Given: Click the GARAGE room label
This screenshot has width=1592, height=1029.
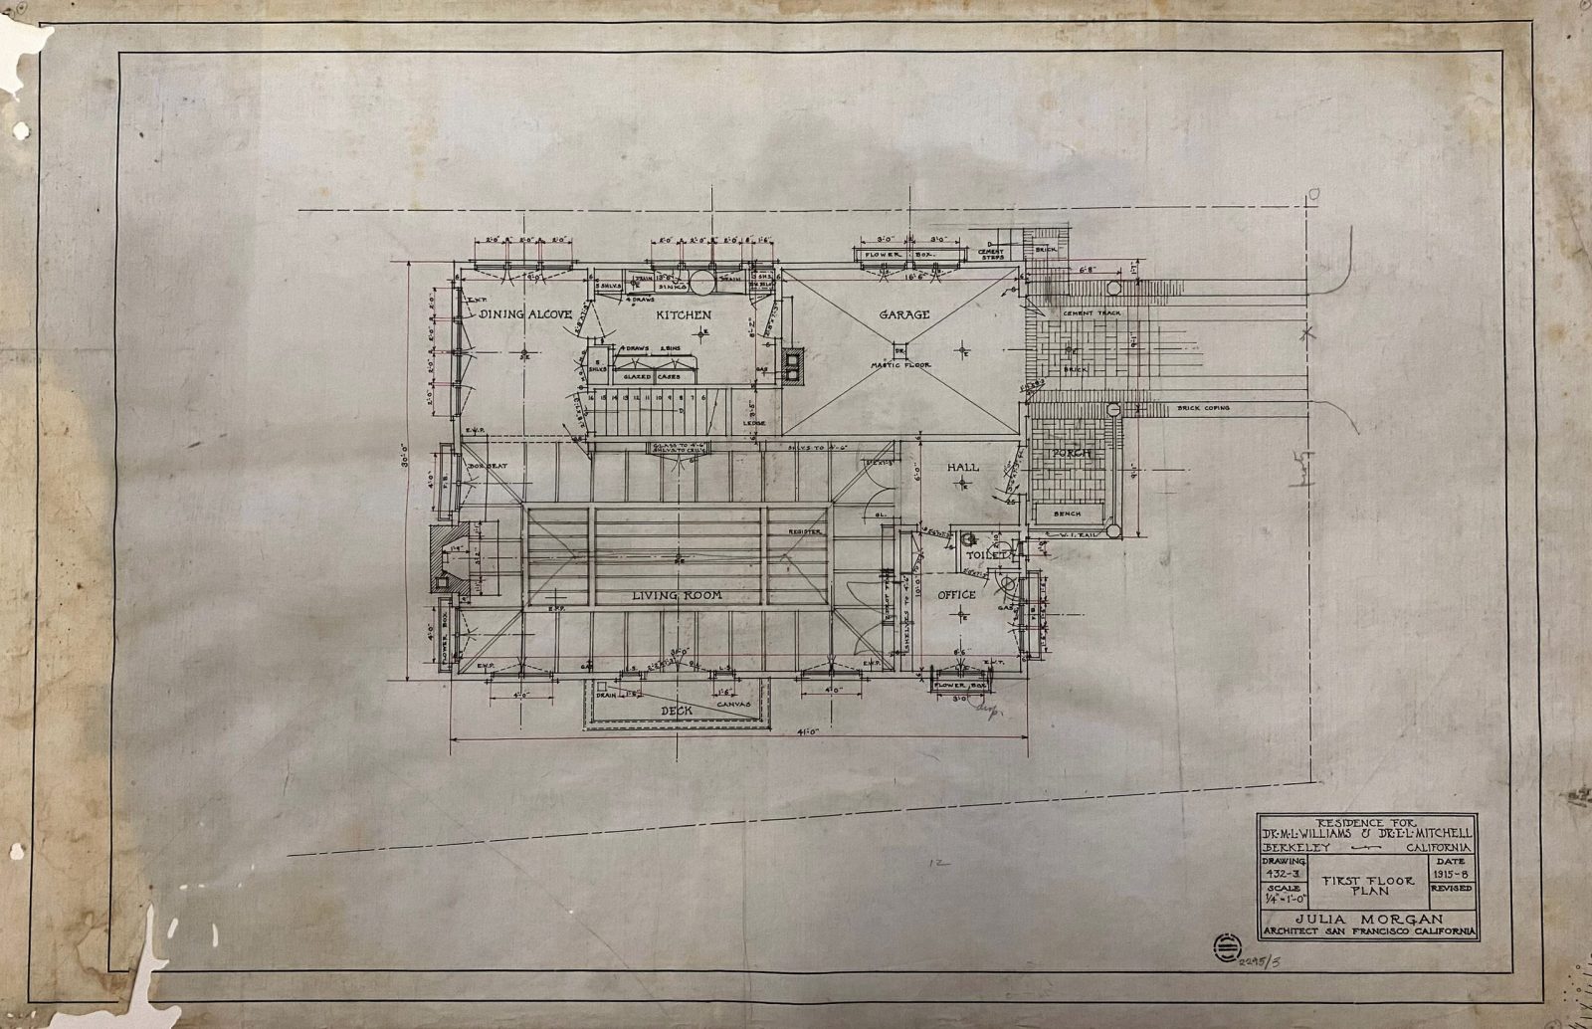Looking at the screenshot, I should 903,314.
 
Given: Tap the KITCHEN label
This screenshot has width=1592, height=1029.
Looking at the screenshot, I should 683,314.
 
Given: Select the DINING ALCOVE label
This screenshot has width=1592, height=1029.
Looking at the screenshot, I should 525,314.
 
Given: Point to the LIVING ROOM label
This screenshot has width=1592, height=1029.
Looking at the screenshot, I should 678,595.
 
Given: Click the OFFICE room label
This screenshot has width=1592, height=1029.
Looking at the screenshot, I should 956,595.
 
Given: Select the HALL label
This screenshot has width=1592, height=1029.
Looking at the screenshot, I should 962,467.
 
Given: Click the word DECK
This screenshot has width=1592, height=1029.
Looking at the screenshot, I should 677,712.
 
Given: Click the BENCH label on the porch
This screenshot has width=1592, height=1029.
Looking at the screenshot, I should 1066,514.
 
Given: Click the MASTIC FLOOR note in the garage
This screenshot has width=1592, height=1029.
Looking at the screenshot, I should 901,365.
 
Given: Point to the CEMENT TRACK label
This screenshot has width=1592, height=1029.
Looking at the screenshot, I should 1092,312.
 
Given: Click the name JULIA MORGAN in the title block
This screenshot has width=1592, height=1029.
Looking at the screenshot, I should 1364,917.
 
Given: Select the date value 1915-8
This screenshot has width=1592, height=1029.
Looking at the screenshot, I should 1453,873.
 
